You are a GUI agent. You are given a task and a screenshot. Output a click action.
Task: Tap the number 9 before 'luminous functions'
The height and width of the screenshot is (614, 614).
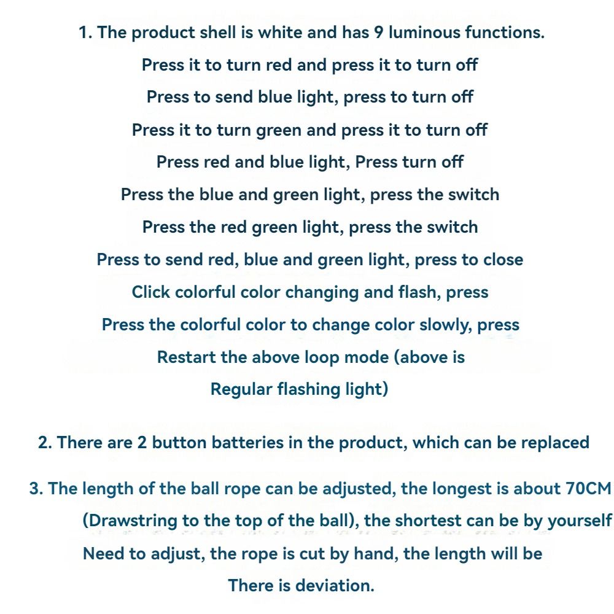[379, 33]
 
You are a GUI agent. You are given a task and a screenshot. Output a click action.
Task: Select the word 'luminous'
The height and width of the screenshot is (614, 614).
[425, 33]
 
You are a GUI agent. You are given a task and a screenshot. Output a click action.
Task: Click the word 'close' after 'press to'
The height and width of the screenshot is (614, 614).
[503, 260]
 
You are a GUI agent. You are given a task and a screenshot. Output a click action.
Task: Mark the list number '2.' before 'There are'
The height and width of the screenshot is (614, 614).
[45, 443]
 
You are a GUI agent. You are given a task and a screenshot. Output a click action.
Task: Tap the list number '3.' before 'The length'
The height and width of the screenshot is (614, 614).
[36, 489]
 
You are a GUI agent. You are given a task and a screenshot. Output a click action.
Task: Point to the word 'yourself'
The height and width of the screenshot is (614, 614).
[580, 521]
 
